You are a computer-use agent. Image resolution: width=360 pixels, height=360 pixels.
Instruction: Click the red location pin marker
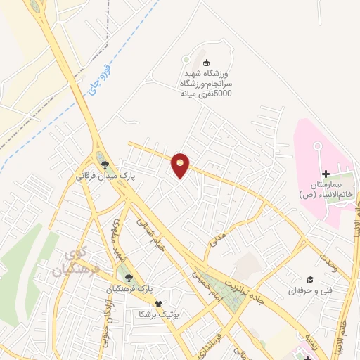(181, 165)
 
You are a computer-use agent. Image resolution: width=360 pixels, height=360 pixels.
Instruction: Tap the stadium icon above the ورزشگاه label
(186, 60)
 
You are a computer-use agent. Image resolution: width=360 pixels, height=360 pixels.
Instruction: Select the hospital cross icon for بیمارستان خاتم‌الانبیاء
(325, 174)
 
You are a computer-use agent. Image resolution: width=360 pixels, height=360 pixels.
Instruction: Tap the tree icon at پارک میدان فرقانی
(105, 165)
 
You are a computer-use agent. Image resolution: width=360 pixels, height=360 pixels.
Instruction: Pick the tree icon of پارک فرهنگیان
(128, 278)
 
